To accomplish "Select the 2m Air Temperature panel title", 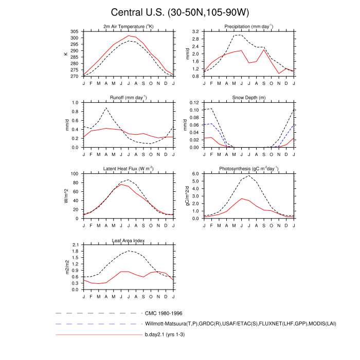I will point(128,26).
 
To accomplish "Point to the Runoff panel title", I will point(128,97).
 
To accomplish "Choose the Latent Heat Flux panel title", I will point(128,169).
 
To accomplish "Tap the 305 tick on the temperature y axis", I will point(75,32).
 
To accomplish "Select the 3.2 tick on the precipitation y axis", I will point(195,32).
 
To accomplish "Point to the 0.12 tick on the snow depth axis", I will point(193,103).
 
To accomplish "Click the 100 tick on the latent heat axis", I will point(75,174).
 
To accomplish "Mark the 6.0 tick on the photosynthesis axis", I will point(195,174).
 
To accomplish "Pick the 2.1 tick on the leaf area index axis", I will point(75,245).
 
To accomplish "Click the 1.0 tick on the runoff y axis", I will point(75,103).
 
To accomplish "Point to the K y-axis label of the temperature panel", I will point(66,53).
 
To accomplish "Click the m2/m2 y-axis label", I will point(66,267).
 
